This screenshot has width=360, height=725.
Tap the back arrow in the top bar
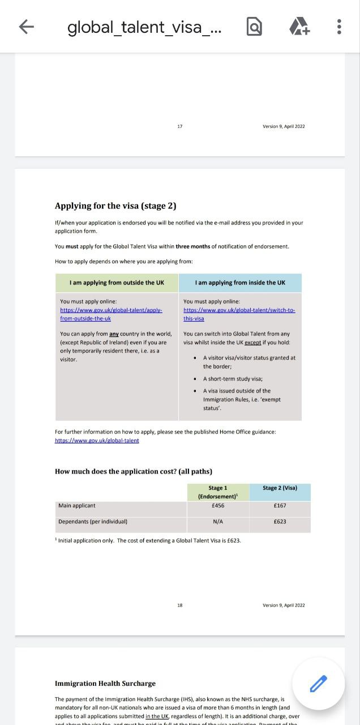coord(27,27)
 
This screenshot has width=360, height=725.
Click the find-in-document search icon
coord(255,27)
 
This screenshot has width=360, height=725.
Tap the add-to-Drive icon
coord(299,27)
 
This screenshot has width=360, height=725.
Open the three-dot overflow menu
coord(338,27)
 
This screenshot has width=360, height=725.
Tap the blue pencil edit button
coord(318,684)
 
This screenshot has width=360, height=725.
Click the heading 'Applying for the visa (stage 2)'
coord(115,206)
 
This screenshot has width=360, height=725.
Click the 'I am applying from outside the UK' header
coord(117,283)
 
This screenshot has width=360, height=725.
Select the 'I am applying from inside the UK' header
coord(240,283)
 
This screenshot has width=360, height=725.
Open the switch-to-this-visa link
coord(239,314)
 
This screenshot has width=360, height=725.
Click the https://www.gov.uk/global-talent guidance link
coord(97,440)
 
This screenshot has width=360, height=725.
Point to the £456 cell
coord(217,506)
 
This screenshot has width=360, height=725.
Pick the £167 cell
coord(280,506)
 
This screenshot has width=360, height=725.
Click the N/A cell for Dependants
coord(217,522)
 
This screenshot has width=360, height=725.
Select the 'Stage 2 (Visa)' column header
coord(280,488)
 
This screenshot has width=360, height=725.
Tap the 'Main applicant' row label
coord(77,506)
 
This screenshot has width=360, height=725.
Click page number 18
coord(180,605)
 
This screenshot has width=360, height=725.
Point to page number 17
coord(180,126)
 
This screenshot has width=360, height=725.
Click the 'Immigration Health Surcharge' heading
coord(105,684)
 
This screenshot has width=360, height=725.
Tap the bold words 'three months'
coord(192,246)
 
